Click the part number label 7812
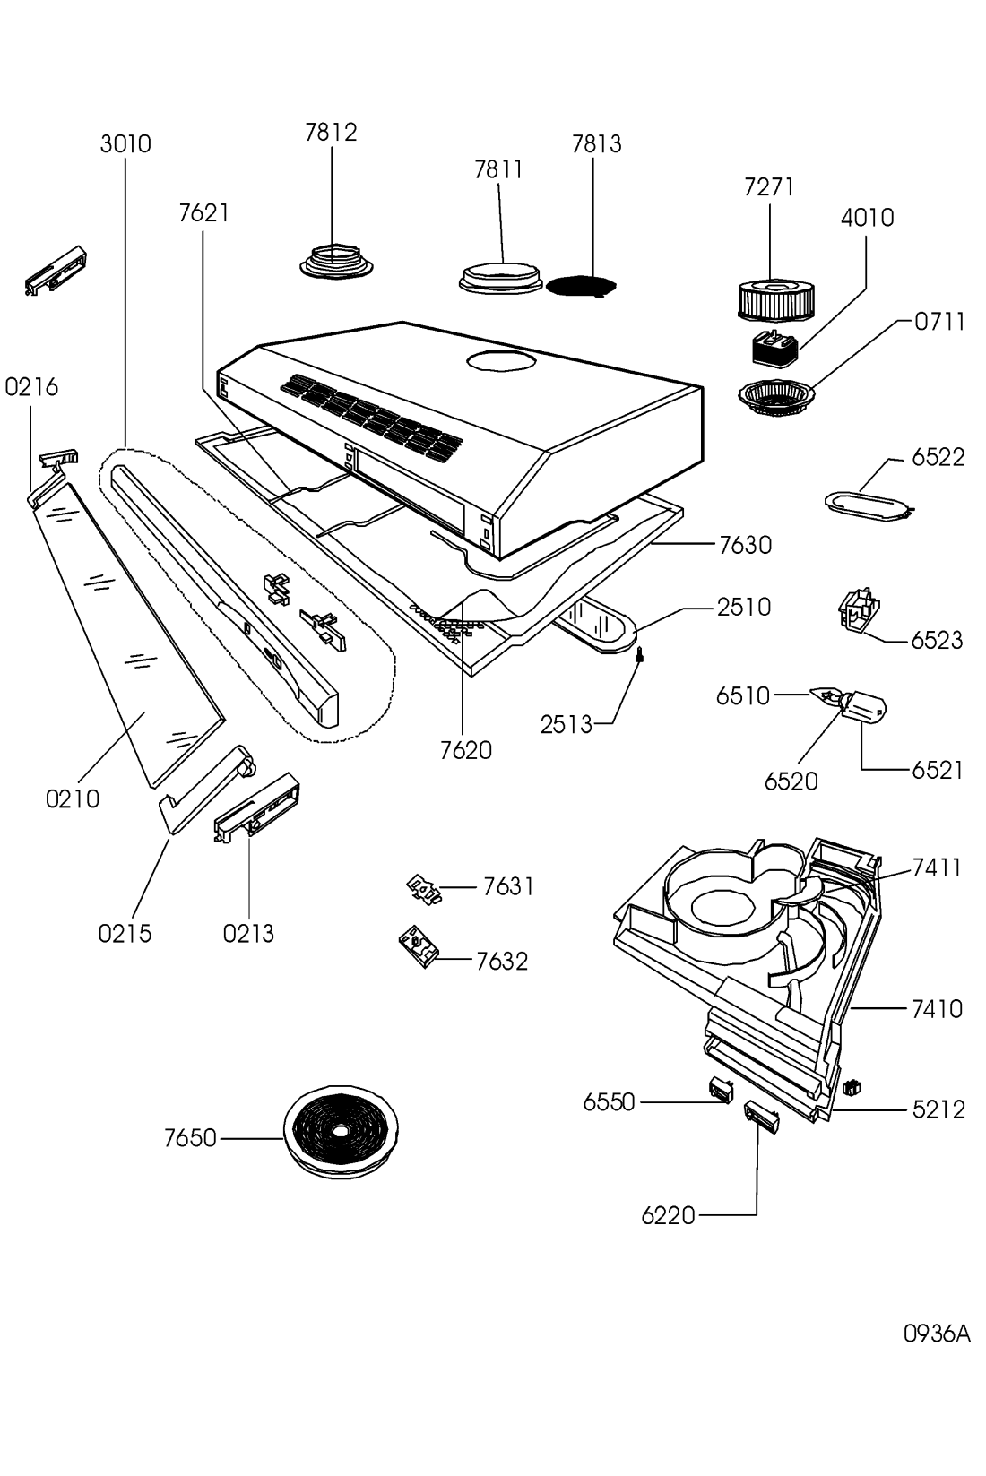pyautogui.click(x=331, y=133)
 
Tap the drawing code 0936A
pyautogui.click(x=937, y=1334)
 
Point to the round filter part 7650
pyautogui.click(x=340, y=1133)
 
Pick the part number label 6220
pyautogui.click(x=668, y=1216)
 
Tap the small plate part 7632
pyautogui.click(x=418, y=947)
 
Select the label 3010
pyautogui.click(x=125, y=144)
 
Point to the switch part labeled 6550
pyautogui.click(x=721, y=1089)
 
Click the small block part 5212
pyautogui.click(x=852, y=1087)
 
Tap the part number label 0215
pyautogui.click(x=125, y=934)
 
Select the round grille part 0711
pyautogui.click(x=777, y=397)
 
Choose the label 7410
pyautogui.click(x=937, y=1009)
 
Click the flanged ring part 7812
pyautogui.click(x=336, y=261)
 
